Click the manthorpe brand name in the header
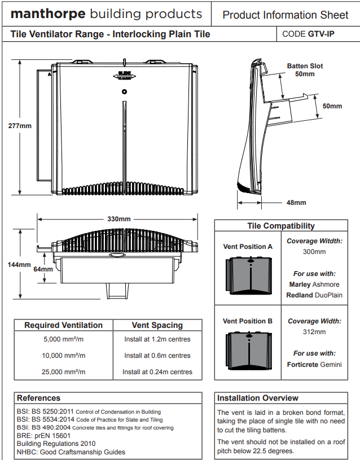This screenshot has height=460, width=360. click(x=48, y=14)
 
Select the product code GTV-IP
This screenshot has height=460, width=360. click(x=321, y=34)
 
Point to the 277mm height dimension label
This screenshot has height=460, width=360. click(x=20, y=125)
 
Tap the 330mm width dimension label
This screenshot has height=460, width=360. click(x=118, y=219)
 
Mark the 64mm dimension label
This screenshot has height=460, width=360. click(x=43, y=269)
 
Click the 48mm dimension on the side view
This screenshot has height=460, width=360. click(x=296, y=203)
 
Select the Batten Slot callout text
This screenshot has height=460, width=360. click(x=305, y=66)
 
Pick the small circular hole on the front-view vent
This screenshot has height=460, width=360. click(x=125, y=91)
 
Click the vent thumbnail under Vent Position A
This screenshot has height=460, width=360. click(x=248, y=275)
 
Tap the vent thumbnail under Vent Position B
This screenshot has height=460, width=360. click(x=248, y=350)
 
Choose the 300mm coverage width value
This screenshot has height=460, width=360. click(x=314, y=252)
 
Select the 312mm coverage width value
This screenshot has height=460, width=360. click(x=314, y=332)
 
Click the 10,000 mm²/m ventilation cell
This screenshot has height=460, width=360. click(x=64, y=356)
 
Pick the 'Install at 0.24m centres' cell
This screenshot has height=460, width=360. click(x=157, y=372)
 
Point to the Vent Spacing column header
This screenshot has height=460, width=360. click(x=157, y=325)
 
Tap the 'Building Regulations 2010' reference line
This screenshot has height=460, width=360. click(x=52, y=444)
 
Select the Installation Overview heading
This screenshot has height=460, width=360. click(x=258, y=398)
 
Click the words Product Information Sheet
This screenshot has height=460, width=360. click(x=286, y=15)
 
